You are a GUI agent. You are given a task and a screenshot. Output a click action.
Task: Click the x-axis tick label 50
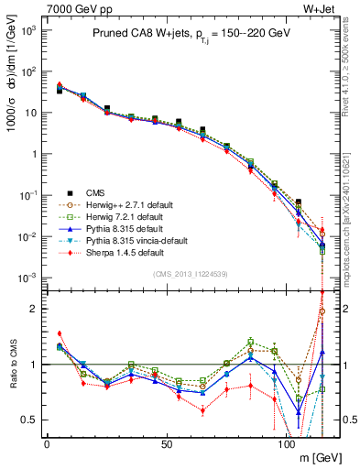tap(166, 443)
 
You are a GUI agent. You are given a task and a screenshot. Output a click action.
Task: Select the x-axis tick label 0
tap(47, 443)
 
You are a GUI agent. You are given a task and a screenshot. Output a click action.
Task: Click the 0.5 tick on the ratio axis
tap(31, 420)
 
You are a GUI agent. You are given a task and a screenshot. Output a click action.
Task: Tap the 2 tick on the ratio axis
tap(35, 309)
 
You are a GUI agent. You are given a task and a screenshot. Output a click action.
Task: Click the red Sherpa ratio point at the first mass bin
tap(60, 333)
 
